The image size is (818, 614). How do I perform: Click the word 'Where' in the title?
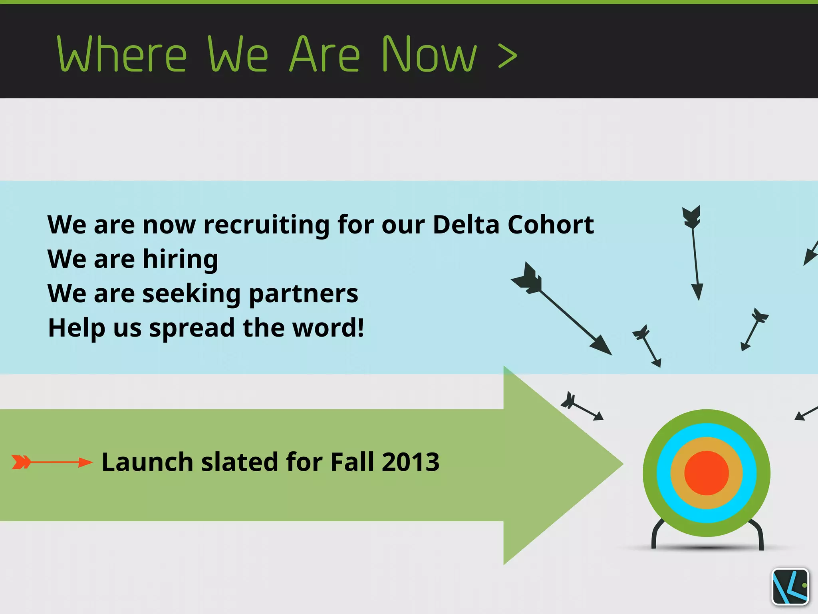click(x=122, y=54)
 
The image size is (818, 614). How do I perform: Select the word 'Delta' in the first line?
click(x=466, y=224)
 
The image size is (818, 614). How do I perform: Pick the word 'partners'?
click(x=304, y=294)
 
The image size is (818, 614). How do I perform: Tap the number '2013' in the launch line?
click(x=410, y=462)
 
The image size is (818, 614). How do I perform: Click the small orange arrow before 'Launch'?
click(x=52, y=462)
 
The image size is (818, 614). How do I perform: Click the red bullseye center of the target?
click(x=706, y=473)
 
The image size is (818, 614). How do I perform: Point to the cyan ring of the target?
click(x=663, y=473)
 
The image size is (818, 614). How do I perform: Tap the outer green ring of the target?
click(x=649, y=473)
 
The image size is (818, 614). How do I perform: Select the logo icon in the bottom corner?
click(x=790, y=586)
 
